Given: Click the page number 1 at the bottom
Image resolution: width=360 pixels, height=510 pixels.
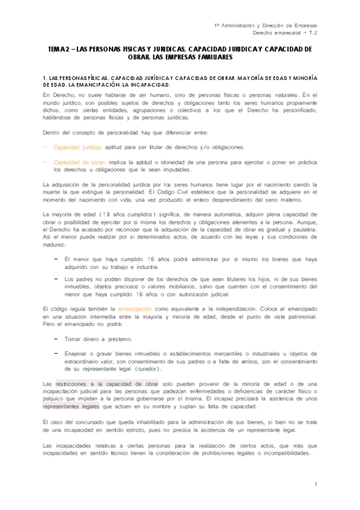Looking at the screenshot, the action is tap(315, 484).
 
